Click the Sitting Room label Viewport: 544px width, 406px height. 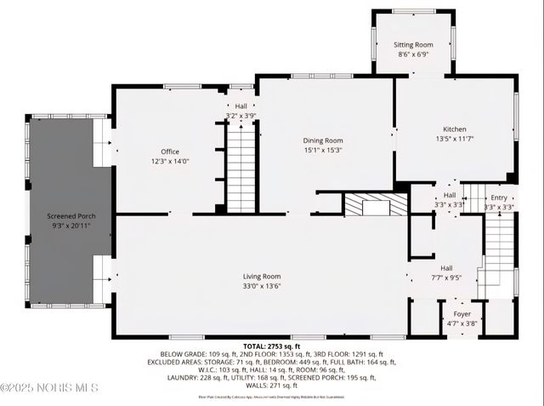coord(413,44)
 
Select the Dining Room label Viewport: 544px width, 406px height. coord(323,140)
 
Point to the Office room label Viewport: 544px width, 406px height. coord(170,152)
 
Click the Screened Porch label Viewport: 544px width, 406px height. coord(71,216)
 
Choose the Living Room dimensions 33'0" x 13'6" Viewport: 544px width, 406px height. coord(262,286)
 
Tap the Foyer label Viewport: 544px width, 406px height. coord(462,314)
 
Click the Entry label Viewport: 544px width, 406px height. coord(498,197)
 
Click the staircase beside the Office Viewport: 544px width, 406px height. coord(241,166)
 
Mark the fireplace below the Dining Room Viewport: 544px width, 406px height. coord(377,205)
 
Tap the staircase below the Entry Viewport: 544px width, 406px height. coord(500,251)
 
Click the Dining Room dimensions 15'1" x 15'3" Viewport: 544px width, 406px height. coord(323,150)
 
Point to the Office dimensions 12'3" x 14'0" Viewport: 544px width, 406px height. coord(170,161)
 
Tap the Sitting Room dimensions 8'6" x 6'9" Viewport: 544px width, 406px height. coord(413,54)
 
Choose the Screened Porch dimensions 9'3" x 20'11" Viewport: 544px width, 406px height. coord(71,226)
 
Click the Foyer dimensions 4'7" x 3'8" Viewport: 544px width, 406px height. coord(462,323)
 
